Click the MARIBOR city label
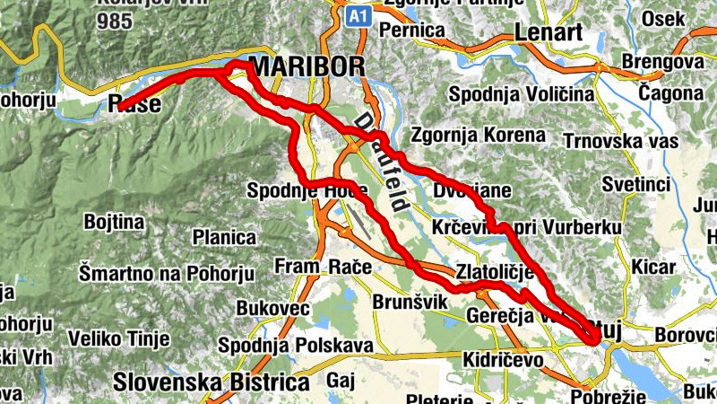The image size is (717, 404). point(308,67)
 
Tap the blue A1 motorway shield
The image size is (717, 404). point(357,15)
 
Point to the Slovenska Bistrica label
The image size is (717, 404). point(211,382)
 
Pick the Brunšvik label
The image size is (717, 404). point(409,302)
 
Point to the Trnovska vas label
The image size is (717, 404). point(618,141)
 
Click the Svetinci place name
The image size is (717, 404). point(637,184)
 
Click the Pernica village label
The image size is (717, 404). point(412,31)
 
